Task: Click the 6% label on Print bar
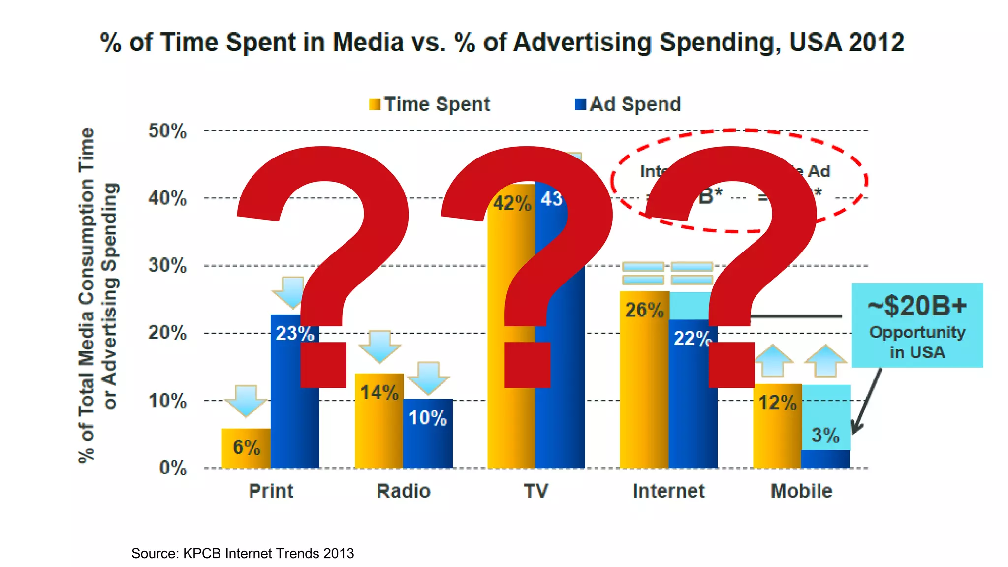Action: click(x=246, y=447)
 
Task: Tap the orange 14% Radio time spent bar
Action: click(x=379, y=428)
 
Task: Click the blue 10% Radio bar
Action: click(x=428, y=443)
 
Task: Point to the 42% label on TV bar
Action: click(x=512, y=203)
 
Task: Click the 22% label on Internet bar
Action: click(x=692, y=339)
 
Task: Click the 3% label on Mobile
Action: click(x=825, y=435)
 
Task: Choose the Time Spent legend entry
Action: click(x=430, y=104)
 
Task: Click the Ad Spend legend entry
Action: click(x=628, y=104)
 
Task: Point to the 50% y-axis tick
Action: click(x=167, y=131)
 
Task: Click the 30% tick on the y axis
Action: click(x=167, y=266)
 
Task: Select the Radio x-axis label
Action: click(x=403, y=491)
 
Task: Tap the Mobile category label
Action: click(x=801, y=491)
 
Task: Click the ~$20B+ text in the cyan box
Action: click(x=917, y=306)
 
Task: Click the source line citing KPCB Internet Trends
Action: click(x=242, y=553)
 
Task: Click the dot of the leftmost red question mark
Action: click(x=323, y=365)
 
